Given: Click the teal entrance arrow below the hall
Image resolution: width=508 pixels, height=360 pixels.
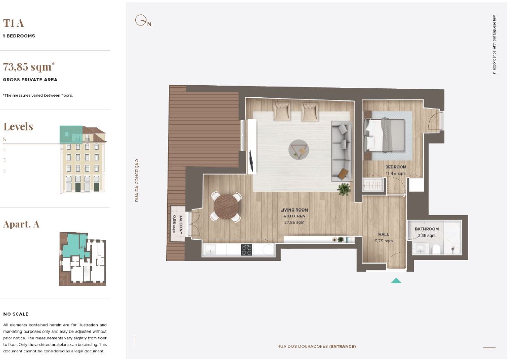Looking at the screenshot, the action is tap(396, 281).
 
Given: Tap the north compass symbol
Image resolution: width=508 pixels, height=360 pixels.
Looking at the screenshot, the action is tap(143, 21).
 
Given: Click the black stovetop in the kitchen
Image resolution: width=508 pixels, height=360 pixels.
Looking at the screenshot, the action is tap(246, 250).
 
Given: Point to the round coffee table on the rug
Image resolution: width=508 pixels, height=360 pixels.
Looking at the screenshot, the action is tap(298, 149).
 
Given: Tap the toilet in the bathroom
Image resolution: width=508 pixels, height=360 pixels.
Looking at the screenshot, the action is tap(436, 249).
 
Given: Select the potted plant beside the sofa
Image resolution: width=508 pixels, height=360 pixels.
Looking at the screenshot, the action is tap(344, 189).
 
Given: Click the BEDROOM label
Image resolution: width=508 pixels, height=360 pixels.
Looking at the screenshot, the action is tap(396, 167).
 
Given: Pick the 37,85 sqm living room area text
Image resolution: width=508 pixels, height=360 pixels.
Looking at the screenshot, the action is tap(294, 222).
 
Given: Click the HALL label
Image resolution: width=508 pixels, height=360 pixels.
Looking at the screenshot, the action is tap(383, 234).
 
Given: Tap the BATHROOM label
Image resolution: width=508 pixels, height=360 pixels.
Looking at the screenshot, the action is tap(426, 229).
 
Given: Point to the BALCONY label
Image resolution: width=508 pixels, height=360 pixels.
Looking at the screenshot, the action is tap(181, 224).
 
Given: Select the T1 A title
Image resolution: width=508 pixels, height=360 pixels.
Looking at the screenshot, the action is tap(13, 23).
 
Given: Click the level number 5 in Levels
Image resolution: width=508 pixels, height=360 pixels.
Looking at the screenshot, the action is tap(4, 139).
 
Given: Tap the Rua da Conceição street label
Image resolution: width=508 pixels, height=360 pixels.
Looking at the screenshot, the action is tap(137, 180).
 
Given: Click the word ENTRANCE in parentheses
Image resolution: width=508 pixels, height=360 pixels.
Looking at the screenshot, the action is tap(342, 347).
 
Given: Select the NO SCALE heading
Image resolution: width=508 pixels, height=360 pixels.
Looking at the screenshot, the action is tap(16, 314).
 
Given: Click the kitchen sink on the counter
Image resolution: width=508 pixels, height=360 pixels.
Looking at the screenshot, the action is tap(210, 250).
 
